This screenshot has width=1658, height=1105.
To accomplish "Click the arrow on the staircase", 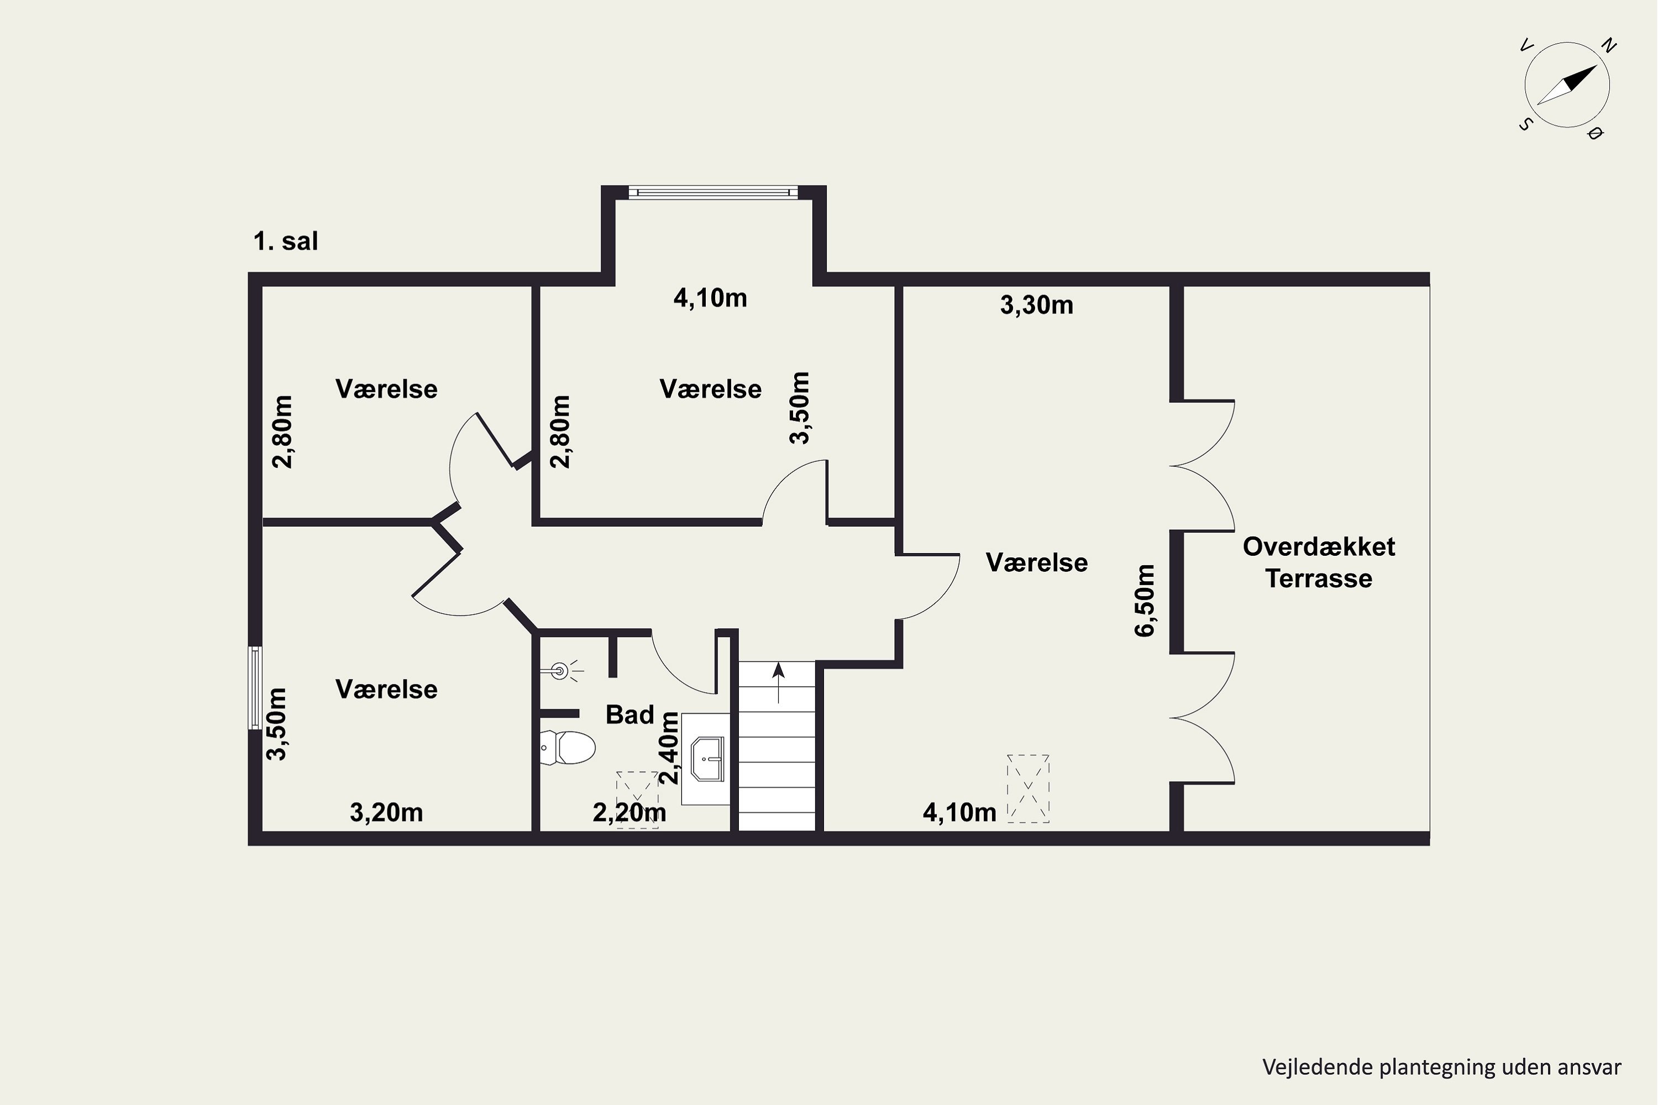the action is click(x=778, y=682).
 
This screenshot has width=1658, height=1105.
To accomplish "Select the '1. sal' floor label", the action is click(x=286, y=241).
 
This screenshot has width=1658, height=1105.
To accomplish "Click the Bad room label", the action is click(x=629, y=714).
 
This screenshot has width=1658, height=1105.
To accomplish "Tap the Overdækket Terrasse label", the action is click(x=1318, y=562).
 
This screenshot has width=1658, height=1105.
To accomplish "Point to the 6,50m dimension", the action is click(x=1144, y=601).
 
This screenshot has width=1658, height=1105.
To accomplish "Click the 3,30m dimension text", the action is click(x=1036, y=305).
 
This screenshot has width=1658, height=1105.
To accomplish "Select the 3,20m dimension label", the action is click(x=386, y=813).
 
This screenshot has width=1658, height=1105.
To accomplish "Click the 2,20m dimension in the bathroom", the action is click(x=629, y=813).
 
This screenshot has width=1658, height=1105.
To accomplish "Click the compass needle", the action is click(x=1566, y=85).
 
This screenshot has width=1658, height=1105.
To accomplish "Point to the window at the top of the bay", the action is click(x=713, y=192).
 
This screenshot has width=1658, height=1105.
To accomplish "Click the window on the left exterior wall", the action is click(x=255, y=687).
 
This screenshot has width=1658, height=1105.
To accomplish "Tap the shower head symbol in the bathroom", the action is click(x=560, y=671).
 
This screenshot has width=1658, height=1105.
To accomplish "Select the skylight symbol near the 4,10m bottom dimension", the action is click(x=1028, y=788).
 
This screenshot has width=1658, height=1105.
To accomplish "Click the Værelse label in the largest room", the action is click(x=1036, y=562).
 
